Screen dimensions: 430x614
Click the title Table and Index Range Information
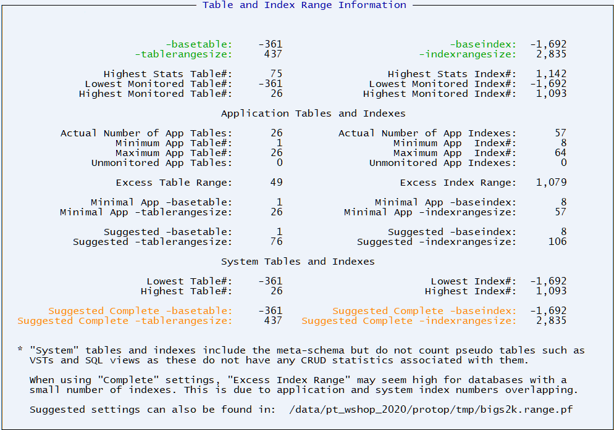pyautogui.click(x=305, y=5)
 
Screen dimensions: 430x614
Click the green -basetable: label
pyautogui.click(x=199, y=44)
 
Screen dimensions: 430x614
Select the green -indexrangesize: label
pyautogui.click(x=468, y=54)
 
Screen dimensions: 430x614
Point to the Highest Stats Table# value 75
pyautogui.click(x=276, y=74)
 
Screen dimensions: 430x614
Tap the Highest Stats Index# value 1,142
pyautogui.click(x=551, y=74)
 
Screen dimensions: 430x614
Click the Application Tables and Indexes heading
pyautogui.click(x=313, y=114)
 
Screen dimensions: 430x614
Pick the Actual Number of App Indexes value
pyautogui.click(x=560, y=133)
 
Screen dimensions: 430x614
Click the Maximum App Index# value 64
pyautogui.click(x=560, y=153)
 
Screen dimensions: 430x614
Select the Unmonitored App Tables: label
pyautogui.click(x=162, y=163)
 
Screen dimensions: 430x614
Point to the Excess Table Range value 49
pyautogui.click(x=276, y=183)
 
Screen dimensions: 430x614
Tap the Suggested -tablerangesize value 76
pyautogui.click(x=276, y=242)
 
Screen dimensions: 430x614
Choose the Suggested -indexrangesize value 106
pyautogui.click(x=557, y=242)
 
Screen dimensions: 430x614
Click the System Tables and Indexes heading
pyautogui.click(x=298, y=262)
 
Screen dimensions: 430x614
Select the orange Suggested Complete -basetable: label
pyautogui.click(x=140, y=311)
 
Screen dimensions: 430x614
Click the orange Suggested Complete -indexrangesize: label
pyautogui.click(x=409, y=321)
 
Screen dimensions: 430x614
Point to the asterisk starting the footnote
pyautogui.click(x=20, y=350)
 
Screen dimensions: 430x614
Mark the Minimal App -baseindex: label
pyautogui.click(x=445, y=202)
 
